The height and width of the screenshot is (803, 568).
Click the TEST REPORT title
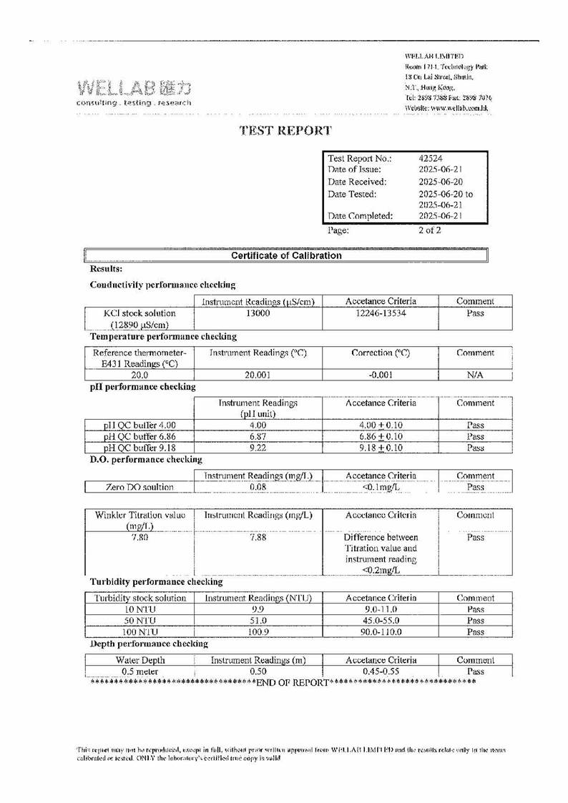[x=285, y=130]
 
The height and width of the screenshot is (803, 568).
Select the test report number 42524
[x=431, y=158]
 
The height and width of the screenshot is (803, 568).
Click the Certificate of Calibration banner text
[x=286, y=255]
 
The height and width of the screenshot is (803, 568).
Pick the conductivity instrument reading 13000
[x=258, y=313]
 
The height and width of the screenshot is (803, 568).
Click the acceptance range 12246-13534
[x=380, y=313]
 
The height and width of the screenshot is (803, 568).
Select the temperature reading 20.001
[x=258, y=375]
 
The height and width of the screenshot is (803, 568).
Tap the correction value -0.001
[x=380, y=375]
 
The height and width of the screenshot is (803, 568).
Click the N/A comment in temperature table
[x=475, y=375]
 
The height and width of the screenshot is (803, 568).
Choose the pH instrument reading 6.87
[x=258, y=436]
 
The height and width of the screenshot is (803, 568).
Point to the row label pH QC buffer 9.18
[x=139, y=448]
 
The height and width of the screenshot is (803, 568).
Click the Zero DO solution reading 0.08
[x=258, y=487]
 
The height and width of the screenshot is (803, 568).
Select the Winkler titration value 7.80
[x=139, y=538]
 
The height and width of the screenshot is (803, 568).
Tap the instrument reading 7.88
[x=258, y=538]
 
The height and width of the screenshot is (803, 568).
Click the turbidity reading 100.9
[x=258, y=632]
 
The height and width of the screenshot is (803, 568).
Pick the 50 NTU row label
[x=139, y=621]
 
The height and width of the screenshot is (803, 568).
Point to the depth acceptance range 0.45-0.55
[x=380, y=672]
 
